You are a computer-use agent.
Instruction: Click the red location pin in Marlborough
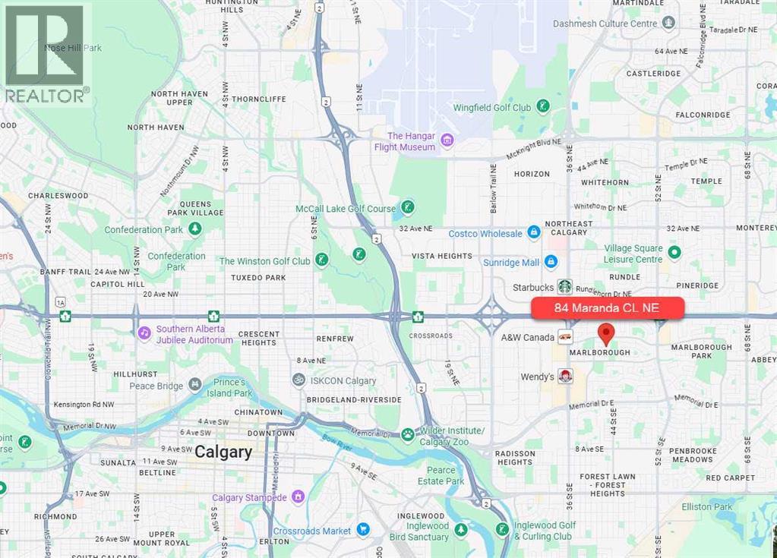tap(605, 333)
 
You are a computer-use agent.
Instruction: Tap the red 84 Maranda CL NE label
tap(608, 308)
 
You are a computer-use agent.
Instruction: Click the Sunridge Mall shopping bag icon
tap(551, 262)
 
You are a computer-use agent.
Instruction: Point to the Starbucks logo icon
tap(564, 286)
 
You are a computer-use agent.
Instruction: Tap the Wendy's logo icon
tap(566, 376)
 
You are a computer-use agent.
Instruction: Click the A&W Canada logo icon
tap(565, 336)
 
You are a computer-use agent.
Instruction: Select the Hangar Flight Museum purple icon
tap(447, 140)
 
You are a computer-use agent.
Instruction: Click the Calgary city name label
tap(223, 452)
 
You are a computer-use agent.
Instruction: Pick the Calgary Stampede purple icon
tap(298, 497)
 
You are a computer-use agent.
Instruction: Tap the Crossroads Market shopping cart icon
tap(363, 530)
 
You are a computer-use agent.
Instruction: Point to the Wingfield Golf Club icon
tap(543, 106)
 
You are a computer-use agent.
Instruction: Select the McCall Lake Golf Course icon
tap(408, 207)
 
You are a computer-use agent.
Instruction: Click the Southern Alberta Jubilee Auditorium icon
tap(144, 333)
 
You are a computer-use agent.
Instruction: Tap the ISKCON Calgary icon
tap(299, 380)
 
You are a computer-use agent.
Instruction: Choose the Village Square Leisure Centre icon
tap(674, 251)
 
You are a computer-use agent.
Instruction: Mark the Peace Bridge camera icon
tap(195, 385)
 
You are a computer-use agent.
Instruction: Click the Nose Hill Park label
tap(72, 49)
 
